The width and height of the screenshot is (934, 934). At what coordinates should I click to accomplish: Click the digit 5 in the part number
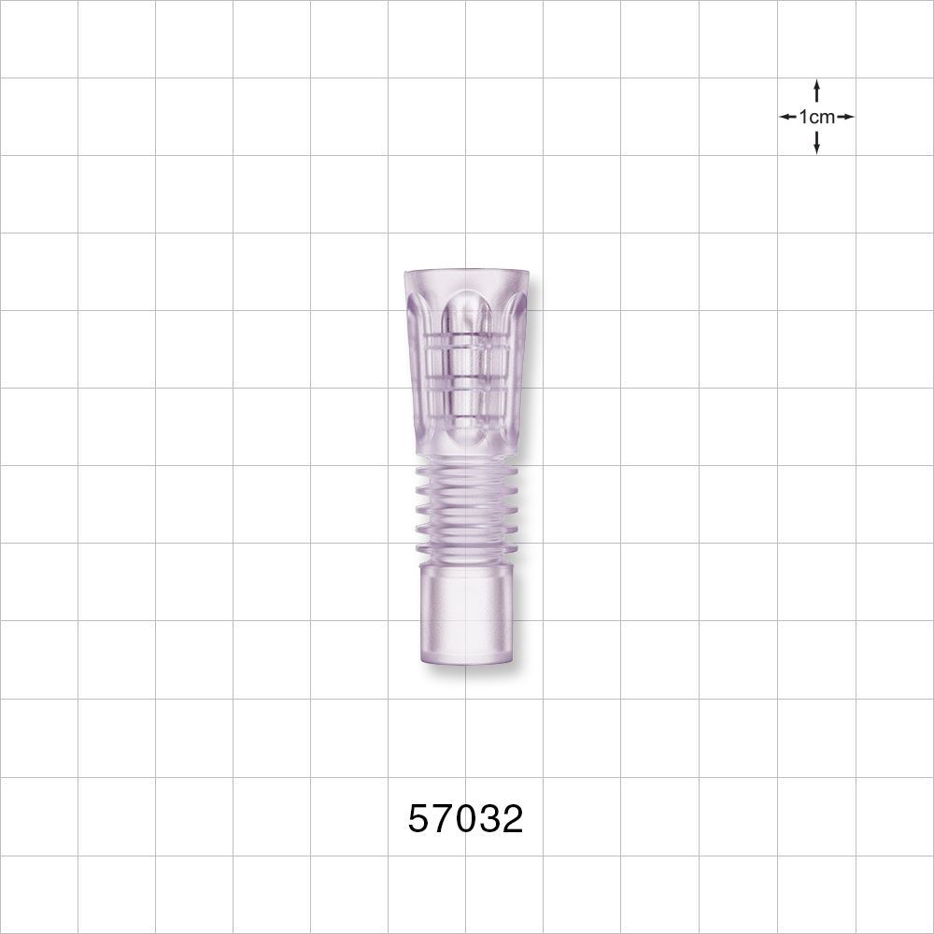click(x=419, y=819)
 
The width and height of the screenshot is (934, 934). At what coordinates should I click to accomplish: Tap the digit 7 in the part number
click(x=442, y=819)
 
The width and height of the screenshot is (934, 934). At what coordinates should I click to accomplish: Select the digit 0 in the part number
click(x=465, y=819)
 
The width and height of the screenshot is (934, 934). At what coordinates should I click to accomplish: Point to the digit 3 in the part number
click(x=488, y=819)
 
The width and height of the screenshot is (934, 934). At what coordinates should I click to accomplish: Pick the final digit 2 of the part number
click(x=512, y=819)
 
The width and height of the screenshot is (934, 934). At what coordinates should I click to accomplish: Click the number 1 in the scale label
click(x=802, y=117)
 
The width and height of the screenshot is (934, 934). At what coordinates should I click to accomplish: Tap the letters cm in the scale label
click(x=821, y=117)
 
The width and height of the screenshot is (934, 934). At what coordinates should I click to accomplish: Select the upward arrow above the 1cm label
click(x=816, y=90)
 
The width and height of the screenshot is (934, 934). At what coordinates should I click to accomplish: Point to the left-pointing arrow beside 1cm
click(x=787, y=117)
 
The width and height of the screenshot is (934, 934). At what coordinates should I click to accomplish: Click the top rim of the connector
click(x=466, y=274)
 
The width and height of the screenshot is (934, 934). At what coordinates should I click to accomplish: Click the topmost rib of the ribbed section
click(x=466, y=474)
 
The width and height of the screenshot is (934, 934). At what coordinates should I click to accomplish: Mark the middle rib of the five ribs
click(x=466, y=511)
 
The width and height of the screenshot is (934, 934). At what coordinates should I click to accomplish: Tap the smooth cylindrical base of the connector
click(x=466, y=616)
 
